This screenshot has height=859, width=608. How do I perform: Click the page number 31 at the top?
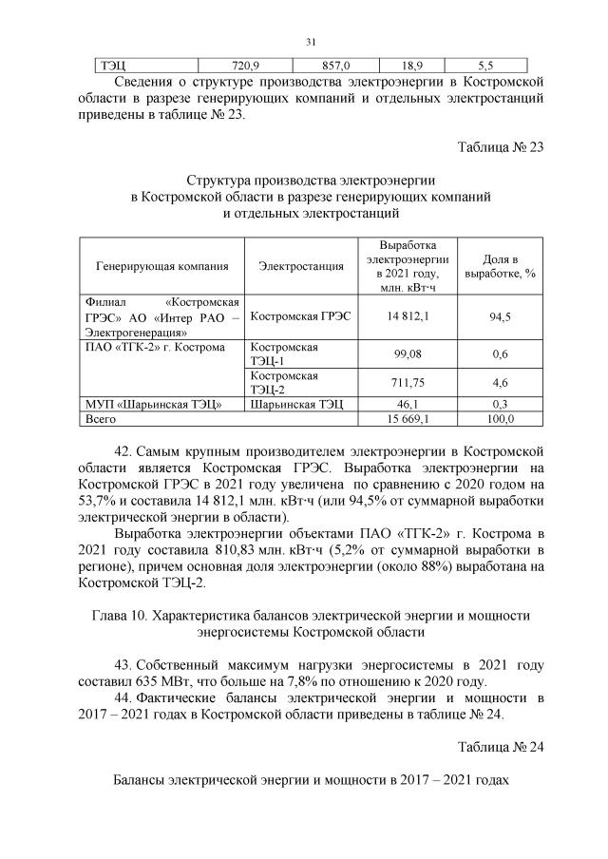pyautogui.click(x=310, y=42)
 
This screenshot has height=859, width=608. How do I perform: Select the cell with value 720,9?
pyautogui.click(x=246, y=66)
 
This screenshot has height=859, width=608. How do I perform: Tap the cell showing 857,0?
pyautogui.click(x=335, y=66)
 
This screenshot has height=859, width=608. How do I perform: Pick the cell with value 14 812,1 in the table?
pyautogui.click(x=406, y=316)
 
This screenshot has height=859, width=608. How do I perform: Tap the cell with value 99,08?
pyautogui.click(x=407, y=353)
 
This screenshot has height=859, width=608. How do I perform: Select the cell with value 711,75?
pyautogui.click(x=407, y=382)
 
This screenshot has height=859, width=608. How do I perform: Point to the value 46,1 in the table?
pyautogui.click(x=407, y=405)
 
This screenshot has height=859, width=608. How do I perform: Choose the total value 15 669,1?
pyautogui.click(x=406, y=418)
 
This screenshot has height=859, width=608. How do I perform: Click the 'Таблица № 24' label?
pyautogui.click(x=500, y=745)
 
